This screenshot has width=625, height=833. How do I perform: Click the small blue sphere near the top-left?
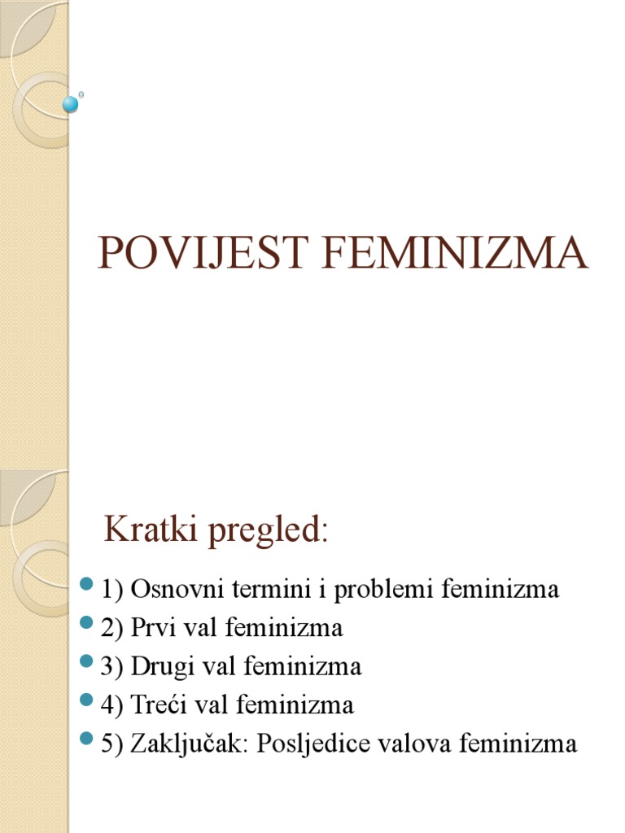[72, 103]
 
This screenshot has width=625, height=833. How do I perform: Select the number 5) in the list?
[111, 744]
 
